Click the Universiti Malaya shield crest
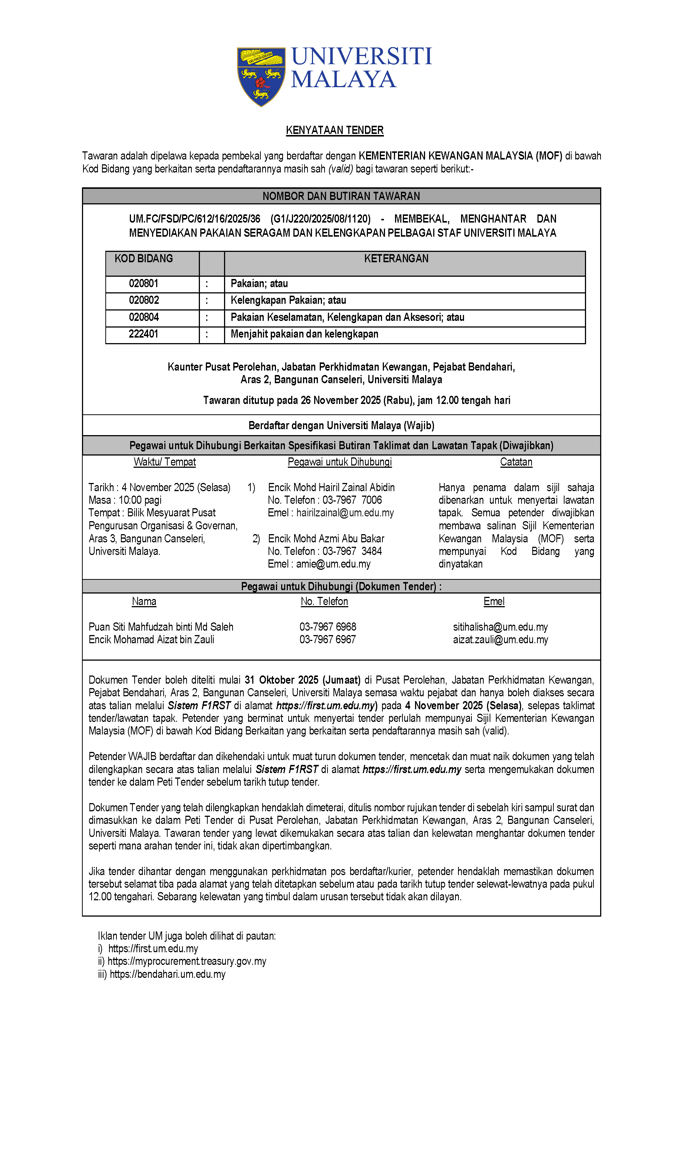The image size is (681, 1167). pos(261,76)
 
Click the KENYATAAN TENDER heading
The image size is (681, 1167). pos(334,130)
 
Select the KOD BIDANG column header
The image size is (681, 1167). pos(144,259)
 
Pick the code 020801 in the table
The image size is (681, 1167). pos(144,283)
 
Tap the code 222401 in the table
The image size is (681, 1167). pos(144,334)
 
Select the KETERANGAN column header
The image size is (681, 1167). pos(396,259)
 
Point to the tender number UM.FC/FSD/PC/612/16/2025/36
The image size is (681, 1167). pos(194,218)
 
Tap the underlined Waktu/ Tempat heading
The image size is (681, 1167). pos(164,462)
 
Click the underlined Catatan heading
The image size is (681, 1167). pos(516,462)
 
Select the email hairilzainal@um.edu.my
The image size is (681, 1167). pos(345,513)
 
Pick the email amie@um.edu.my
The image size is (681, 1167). pos(333,563)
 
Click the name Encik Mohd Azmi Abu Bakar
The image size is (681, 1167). pos(326,539)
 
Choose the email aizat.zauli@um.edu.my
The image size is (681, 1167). pos(500,640)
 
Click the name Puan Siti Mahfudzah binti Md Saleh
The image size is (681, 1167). pos(161,627)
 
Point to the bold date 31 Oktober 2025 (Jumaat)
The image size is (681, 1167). pos(302,680)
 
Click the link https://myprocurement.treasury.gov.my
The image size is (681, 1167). pos(187,961)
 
